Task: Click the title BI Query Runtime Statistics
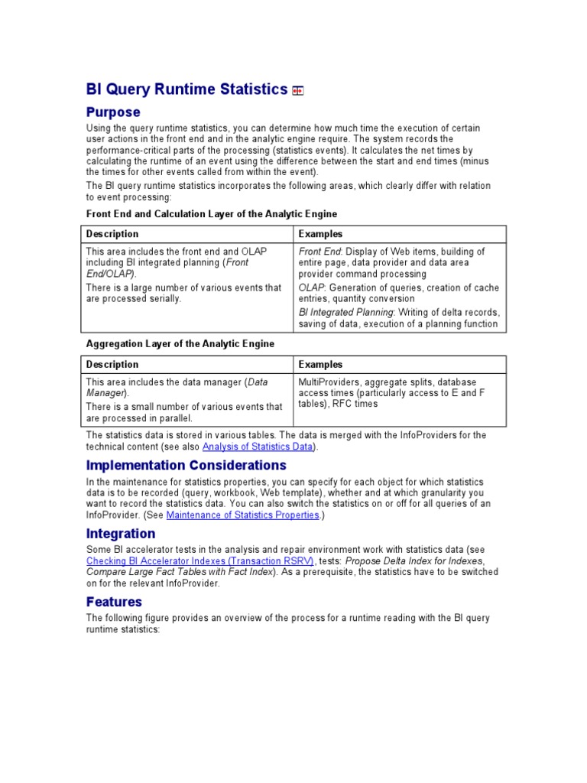click(186, 89)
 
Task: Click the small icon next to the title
click(298, 91)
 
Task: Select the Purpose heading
click(113, 112)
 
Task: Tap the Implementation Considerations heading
click(186, 465)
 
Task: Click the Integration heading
click(121, 533)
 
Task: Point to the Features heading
click(114, 602)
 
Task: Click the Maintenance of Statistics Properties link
click(242, 515)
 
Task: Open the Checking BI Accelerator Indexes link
click(200, 560)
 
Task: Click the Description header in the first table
click(112, 234)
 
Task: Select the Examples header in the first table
click(320, 234)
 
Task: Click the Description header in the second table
click(112, 365)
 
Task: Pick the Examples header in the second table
click(320, 365)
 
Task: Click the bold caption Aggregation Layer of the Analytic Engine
click(180, 344)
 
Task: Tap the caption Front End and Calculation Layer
click(212, 214)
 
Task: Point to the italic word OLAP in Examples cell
click(311, 288)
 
